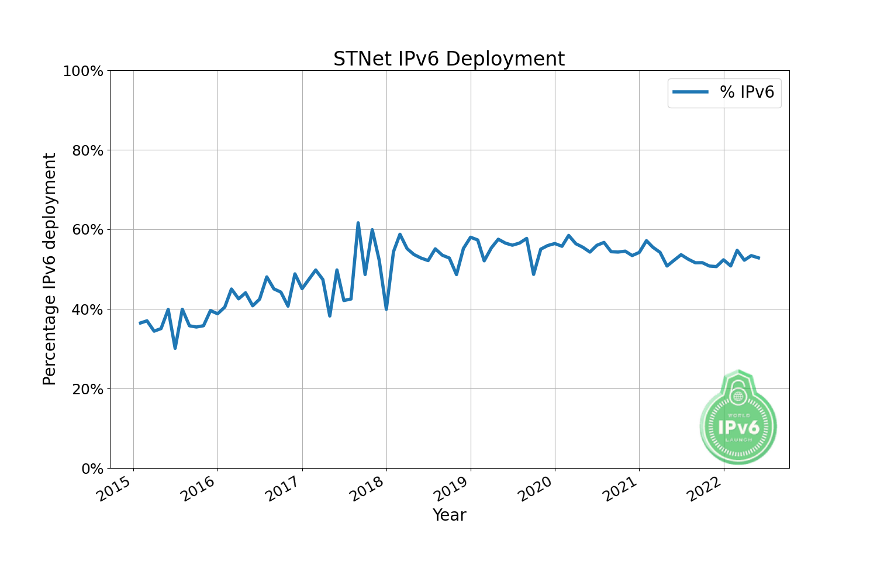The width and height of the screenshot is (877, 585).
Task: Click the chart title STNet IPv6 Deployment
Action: (x=449, y=59)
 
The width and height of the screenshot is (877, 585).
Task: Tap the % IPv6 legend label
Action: (x=747, y=92)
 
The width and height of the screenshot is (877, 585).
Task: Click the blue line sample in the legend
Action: (x=690, y=92)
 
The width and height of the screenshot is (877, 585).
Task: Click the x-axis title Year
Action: (x=449, y=515)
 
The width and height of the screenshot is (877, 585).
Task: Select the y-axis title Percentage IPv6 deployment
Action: (x=50, y=269)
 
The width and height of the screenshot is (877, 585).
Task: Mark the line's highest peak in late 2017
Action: (x=358, y=223)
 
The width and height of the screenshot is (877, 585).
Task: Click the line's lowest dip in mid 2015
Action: (x=175, y=348)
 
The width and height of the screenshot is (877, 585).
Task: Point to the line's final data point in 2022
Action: (x=759, y=258)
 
